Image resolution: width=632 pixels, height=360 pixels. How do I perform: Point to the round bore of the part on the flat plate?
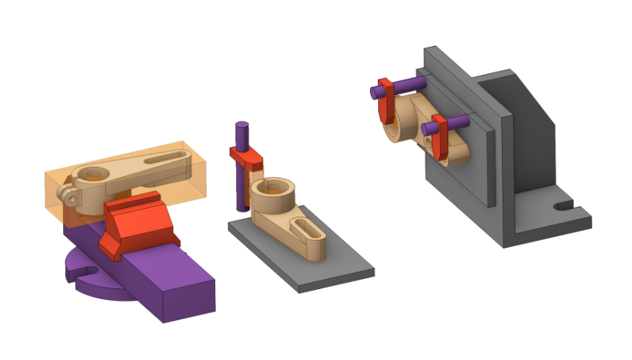pos(274,188)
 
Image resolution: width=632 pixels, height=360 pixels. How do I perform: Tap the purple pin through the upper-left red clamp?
pos(405,85)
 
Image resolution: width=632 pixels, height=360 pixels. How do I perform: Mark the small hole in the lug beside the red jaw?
pos(72,198)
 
